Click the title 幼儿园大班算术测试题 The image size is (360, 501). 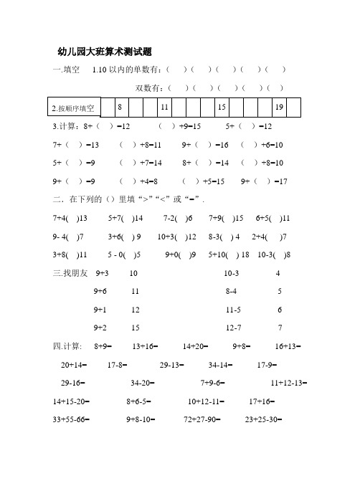point(104,52)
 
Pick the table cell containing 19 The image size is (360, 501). point(280,107)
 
